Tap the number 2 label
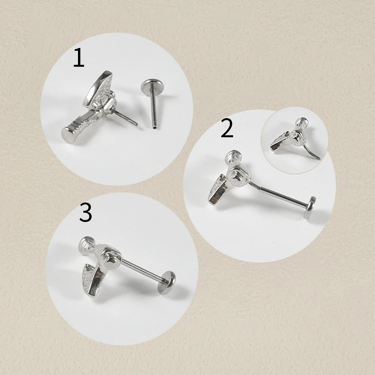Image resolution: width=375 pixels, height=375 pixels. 227,129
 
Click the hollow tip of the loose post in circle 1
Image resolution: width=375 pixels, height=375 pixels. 154,127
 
